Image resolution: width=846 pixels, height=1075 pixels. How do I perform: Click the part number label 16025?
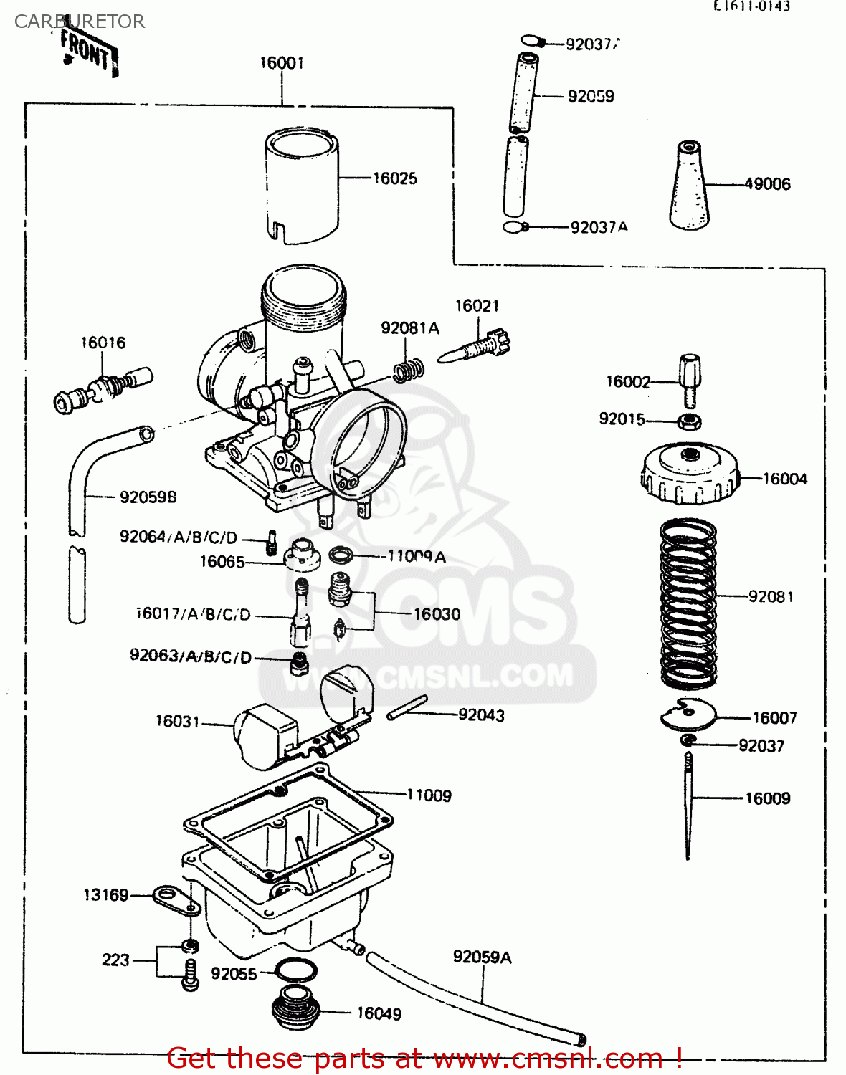point(394,178)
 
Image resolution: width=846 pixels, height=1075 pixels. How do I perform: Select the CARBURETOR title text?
point(80,21)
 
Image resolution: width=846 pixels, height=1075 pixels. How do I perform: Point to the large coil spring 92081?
point(688,602)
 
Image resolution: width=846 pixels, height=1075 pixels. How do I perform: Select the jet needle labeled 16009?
point(688,803)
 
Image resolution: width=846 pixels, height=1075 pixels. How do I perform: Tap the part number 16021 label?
point(477,306)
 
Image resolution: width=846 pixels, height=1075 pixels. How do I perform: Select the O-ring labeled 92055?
point(295,971)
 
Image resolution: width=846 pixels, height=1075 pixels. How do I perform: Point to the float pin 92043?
point(407,707)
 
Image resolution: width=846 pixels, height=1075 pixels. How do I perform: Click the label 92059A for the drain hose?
point(482,957)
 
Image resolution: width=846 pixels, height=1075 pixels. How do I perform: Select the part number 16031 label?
point(177,721)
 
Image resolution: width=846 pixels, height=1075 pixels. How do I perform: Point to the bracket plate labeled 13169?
point(176,900)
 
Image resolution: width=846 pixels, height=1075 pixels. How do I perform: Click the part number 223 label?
point(115,960)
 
